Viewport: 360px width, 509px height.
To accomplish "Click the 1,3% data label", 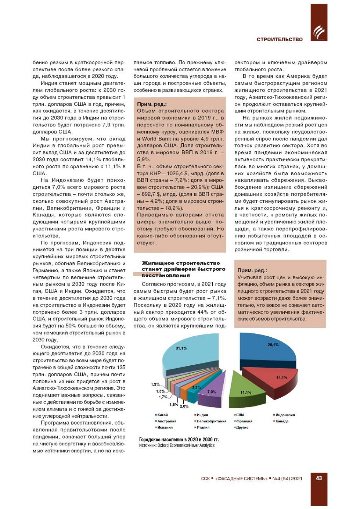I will pos(155,384).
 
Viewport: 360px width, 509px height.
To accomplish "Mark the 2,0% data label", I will pos(184,406).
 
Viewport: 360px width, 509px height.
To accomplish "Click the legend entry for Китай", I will pos(162,415).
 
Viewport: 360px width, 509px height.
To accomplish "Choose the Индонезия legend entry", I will pos(285,415).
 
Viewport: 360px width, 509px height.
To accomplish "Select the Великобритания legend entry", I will pos(211,421).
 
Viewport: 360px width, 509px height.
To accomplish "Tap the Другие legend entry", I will pos(242,427).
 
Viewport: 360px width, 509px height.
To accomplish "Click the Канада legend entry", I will pos(282,421).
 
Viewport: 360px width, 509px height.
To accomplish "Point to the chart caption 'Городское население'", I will pos(179,440).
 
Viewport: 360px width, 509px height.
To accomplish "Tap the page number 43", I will pos(319,478).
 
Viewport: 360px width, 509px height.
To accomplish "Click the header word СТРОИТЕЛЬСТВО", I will pos(280,39).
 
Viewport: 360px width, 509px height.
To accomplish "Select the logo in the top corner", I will pos(319,32).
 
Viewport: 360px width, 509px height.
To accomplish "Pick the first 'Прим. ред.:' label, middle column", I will pos(152,104).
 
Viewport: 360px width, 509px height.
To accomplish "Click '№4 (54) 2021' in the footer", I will pos(287,478).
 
